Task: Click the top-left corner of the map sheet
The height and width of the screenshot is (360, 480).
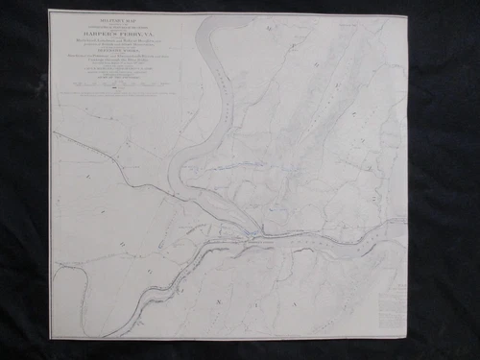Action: point(50,11)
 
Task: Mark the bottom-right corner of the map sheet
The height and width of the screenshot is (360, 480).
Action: point(406,339)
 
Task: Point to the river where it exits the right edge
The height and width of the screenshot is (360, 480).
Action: point(403,226)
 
